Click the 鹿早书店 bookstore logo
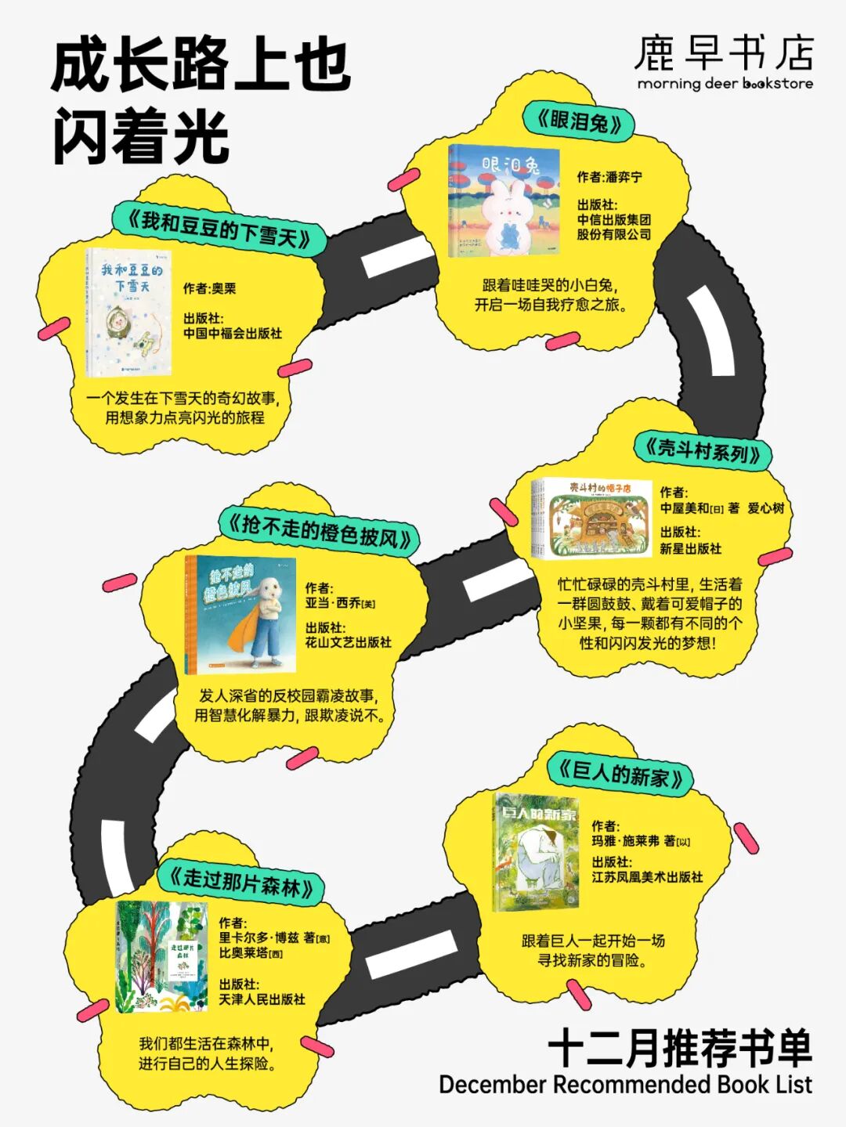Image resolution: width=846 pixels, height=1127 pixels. pyautogui.click(x=724, y=61)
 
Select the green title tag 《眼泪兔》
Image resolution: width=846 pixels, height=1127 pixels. pyautogui.click(x=579, y=121)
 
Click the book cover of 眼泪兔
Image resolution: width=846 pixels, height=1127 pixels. pyautogui.click(x=504, y=201)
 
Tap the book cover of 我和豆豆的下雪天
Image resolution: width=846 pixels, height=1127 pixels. pyautogui.click(x=128, y=312)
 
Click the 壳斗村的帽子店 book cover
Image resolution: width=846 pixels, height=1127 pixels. pyautogui.click(x=592, y=518)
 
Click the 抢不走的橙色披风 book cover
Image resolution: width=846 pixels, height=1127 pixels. pyautogui.click(x=240, y=615)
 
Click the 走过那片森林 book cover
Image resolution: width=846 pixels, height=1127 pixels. pyautogui.click(x=161, y=956)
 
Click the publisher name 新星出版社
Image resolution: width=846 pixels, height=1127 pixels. pyautogui.click(x=690, y=548)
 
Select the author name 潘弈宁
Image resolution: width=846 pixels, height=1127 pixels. pyautogui.click(x=623, y=177)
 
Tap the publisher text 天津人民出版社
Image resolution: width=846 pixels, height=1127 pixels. pyautogui.click(x=262, y=999)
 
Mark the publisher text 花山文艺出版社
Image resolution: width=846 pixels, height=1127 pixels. pyautogui.click(x=348, y=642)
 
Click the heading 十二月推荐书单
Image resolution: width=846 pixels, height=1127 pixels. pyautogui.click(x=680, y=1048)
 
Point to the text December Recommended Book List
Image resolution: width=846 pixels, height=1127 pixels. pyautogui.click(x=625, y=1085)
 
